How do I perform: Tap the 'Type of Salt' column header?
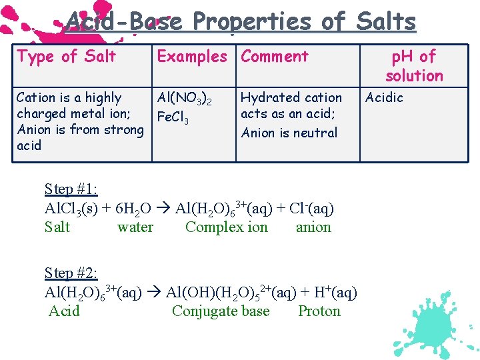pyautogui.click(x=66, y=57)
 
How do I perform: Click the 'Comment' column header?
pyautogui.click(x=275, y=57)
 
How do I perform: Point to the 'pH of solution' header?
pyautogui.click(x=414, y=66)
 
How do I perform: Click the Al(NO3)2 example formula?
pyautogui.click(x=184, y=99)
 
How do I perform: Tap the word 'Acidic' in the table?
pyautogui.click(x=385, y=98)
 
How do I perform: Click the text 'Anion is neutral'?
pyautogui.click(x=289, y=133)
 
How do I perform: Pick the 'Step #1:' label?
pyautogui.click(x=71, y=189)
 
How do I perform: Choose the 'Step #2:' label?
pyautogui.click(x=71, y=273)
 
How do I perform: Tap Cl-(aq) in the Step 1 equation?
pyautogui.click(x=311, y=209)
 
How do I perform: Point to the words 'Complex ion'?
pyautogui.click(x=226, y=227)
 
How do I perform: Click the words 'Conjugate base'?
pyautogui.click(x=221, y=311)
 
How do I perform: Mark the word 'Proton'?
pyautogui.click(x=319, y=311)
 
